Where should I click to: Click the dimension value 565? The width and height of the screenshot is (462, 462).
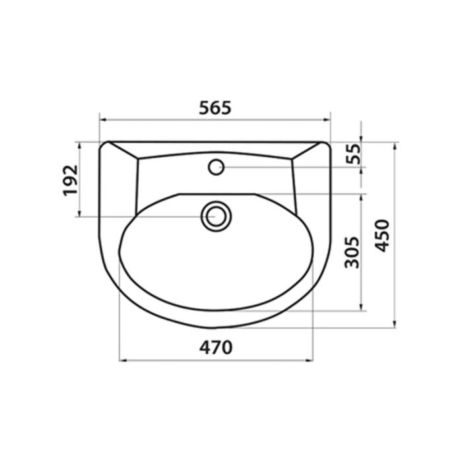pos(215,108)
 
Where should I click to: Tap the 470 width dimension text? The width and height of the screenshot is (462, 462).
pos(216,347)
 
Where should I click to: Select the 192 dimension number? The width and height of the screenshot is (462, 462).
pos(71,180)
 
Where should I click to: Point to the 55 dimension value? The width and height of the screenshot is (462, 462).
pos(353,154)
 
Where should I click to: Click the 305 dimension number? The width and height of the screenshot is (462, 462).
pos(352,252)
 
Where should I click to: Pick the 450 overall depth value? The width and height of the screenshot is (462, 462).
pos(382,236)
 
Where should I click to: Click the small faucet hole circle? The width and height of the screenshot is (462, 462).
pos(216,167)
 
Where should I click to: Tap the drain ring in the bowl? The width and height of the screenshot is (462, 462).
pos(216,216)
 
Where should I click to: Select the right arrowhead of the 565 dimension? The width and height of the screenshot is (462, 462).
pos(327,119)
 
